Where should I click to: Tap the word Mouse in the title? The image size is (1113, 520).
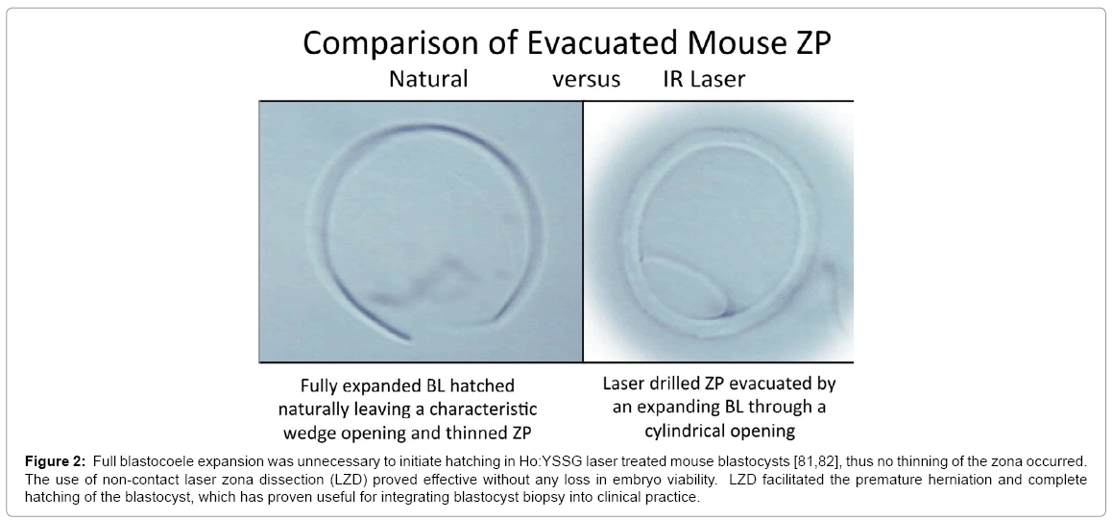pyautogui.click(x=729, y=42)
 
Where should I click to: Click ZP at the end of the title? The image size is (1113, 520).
pyautogui.click(x=813, y=42)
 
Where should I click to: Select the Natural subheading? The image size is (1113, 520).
pyautogui.click(x=428, y=79)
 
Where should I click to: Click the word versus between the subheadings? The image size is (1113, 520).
pyautogui.click(x=587, y=80)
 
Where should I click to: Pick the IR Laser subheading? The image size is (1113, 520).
pyautogui.click(x=704, y=79)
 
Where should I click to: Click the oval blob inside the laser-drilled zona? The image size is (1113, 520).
pyautogui.click(x=685, y=286)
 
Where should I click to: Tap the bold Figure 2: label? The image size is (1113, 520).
pyautogui.click(x=55, y=461)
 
